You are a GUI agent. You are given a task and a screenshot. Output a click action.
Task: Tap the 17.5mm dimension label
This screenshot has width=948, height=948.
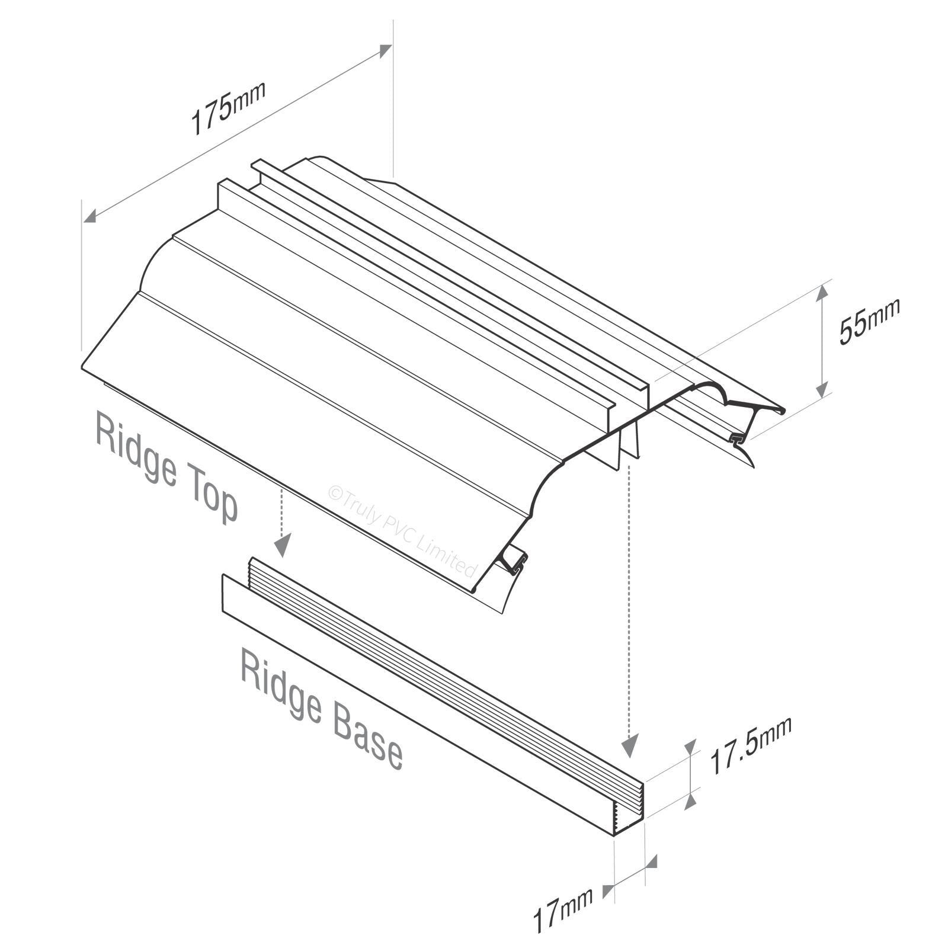click(x=750, y=745)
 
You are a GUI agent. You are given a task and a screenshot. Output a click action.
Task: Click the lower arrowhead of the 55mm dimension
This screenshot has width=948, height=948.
click(x=822, y=388)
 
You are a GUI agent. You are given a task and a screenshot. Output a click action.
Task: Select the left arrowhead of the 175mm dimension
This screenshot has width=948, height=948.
click(x=91, y=216)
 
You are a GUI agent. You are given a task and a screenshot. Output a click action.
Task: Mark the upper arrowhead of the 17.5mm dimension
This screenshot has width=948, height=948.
click(x=691, y=748)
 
